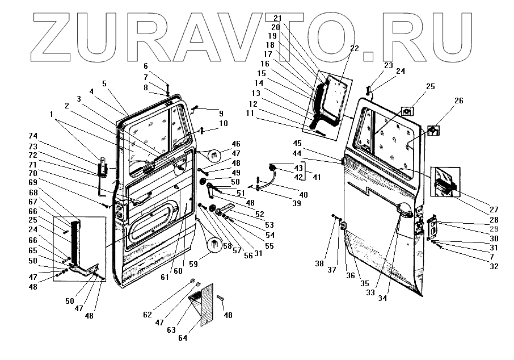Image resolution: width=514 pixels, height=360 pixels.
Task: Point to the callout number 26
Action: [458, 101]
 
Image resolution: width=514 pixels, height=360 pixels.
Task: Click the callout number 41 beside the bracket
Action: [317, 178]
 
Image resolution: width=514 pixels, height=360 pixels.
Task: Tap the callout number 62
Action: [148, 313]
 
